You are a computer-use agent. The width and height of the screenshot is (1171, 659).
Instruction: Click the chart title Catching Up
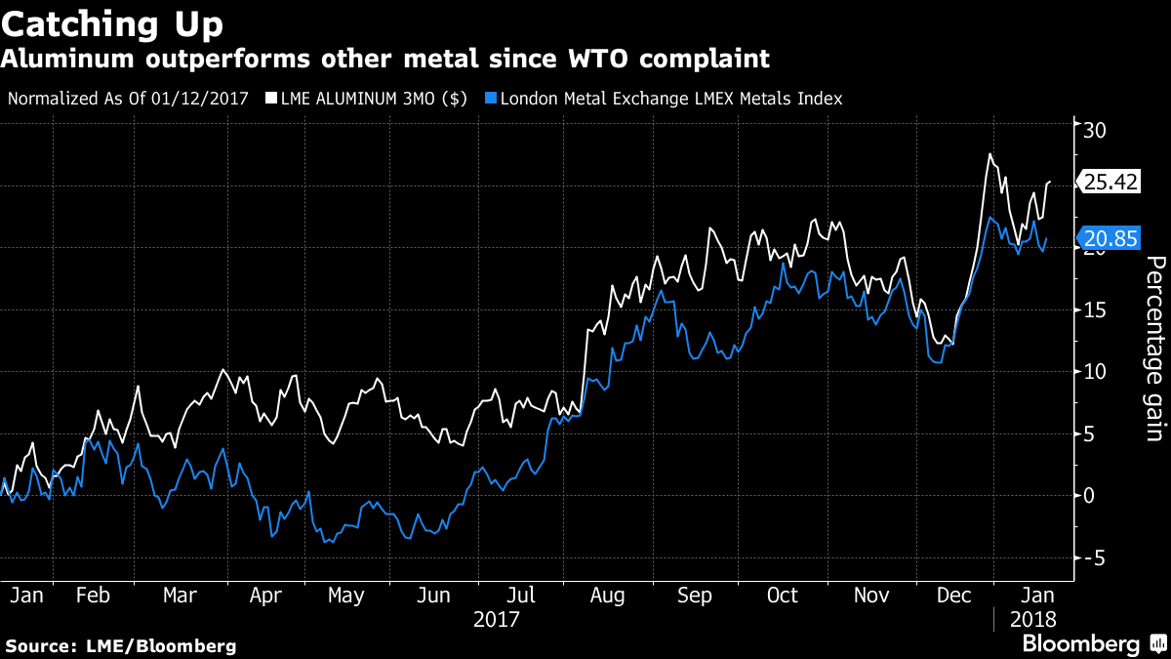click(114, 22)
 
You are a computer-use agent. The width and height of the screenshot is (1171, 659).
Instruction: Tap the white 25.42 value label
click(1110, 182)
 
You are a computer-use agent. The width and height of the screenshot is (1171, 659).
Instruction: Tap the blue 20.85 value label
click(1110, 238)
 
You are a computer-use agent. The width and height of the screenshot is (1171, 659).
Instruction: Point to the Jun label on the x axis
click(433, 596)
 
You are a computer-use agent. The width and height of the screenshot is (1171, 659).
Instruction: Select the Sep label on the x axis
click(694, 596)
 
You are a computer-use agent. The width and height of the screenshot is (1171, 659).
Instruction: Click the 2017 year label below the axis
click(496, 619)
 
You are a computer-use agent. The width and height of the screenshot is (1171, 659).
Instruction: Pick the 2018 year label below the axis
click(1031, 619)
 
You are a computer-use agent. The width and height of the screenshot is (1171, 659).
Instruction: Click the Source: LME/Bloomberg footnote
click(121, 645)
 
